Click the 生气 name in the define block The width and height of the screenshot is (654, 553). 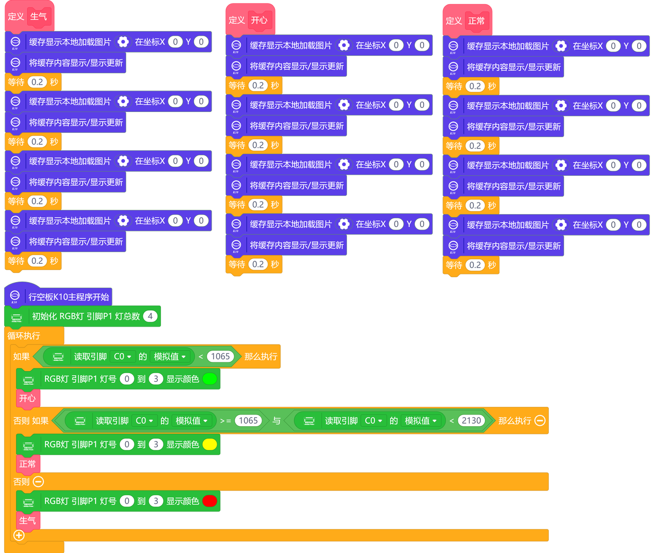click(38, 16)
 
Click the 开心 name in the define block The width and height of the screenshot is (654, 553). click(259, 20)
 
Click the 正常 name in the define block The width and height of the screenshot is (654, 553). click(476, 21)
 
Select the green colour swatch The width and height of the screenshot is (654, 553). click(209, 379)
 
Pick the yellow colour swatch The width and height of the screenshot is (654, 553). click(209, 445)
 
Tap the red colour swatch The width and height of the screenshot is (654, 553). click(209, 501)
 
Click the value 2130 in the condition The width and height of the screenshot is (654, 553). click(471, 421)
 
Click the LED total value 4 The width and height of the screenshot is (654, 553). click(150, 316)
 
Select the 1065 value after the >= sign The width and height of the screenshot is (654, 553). click(248, 421)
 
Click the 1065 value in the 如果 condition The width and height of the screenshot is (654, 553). click(220, 357)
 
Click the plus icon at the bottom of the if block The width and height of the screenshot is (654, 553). click(19, 535)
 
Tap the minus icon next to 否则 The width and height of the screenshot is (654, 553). click(38, 481)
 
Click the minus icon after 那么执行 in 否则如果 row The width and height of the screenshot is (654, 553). click(540, 421)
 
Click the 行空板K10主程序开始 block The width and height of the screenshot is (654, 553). click(68, 297)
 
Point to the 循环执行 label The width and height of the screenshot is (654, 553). click(24, 336)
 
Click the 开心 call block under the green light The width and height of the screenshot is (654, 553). click(28, 398)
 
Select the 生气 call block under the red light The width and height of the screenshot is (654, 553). click(28, 520)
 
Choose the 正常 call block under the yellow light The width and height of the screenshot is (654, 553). click(28, 464)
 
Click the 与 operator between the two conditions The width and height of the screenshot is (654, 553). click(276, 421)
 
